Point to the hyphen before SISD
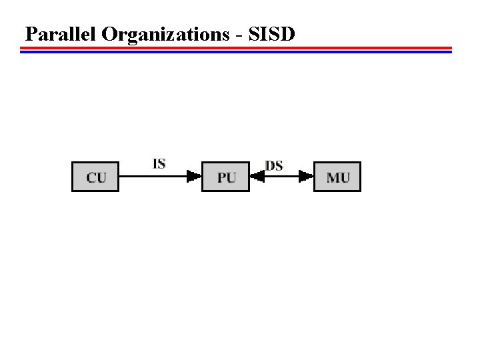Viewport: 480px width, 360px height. click(x=239, y=35)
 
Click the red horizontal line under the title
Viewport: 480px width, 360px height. click(x=236, y=48)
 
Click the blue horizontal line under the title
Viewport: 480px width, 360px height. click(x=236, y=51)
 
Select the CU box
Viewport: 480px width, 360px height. click(x=95, y=177)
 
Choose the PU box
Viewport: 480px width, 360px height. click(x=225, y=177)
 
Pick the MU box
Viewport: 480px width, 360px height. click(x=337, y=177)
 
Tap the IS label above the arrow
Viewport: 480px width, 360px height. click(x=159, y=163)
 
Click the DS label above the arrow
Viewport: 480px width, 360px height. click(x=274, y=164)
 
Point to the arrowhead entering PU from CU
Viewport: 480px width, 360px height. click(x=195, y=177)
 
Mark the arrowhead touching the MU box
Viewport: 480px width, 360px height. click(x=307, y=177)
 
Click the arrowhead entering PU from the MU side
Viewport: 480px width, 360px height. click(x=257, y=177)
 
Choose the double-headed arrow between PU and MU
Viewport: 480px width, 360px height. click(x=281, y=177)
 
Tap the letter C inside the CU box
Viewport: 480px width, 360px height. click(x=91, y=177)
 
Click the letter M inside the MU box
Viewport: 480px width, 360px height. click(x=333, y=177)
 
